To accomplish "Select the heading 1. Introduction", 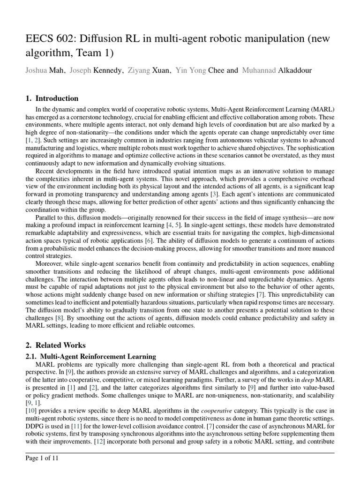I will pyautogui.click(x=52, y=98).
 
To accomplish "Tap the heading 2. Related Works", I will pyautogui.click(x=55, y=345).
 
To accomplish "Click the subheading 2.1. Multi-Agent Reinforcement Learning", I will pyautogui.click(x=90, y=357).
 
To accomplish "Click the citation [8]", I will pyautogui.click(x=60, y=318).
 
